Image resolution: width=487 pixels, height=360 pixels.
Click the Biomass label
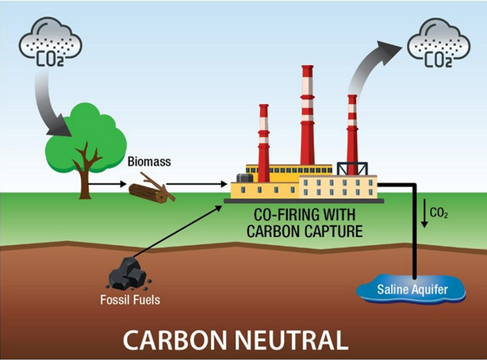pos(148,163)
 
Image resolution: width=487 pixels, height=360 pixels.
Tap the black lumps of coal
pos(126,275)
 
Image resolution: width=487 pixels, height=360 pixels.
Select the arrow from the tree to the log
pos(108,184)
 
